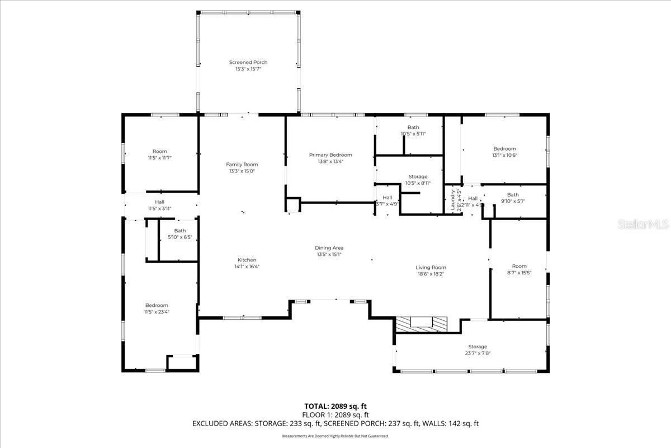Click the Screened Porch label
coord(248,62)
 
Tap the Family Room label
coord(242,164)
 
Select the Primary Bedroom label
coord(330,155)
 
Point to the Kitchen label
coord(247,260)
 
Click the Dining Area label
coord(329,248)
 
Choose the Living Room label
coord(431,267)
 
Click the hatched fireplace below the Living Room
coord(422,324)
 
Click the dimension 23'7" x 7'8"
coord(478,353)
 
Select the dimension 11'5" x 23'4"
coord(157,312)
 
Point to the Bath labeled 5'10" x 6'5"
coord(180,231)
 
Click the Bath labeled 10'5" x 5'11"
coord(413,127)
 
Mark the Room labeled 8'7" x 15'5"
coord(519,266)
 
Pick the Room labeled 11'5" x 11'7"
coord(160,151)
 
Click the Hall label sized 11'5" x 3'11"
coord(159,202)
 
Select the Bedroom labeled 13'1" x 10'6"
coord(504,148)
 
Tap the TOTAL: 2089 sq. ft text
coord(335,406)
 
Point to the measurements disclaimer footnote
coord(335,436)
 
